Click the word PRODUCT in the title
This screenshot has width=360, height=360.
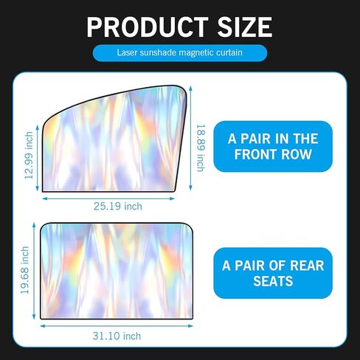point(148,27)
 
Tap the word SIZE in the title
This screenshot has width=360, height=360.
point(245,27)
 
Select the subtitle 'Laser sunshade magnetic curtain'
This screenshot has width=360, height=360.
point(180,52)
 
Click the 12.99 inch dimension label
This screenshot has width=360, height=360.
point(29,155)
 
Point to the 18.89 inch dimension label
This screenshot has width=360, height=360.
point(201,148)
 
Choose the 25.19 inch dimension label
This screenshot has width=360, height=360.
point(118,207)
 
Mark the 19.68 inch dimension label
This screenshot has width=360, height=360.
point(25,270)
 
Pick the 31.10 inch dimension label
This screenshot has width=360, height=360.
point(117,336)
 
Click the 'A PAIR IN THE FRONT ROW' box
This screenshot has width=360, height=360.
point(273,146)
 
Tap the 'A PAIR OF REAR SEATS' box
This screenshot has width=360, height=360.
point(273,273)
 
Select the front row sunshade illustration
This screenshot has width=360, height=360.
point(114,139)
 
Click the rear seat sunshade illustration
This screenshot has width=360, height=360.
point(117,271)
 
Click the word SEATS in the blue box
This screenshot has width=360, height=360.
point(273,281)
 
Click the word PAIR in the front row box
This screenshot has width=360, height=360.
point(256,139)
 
